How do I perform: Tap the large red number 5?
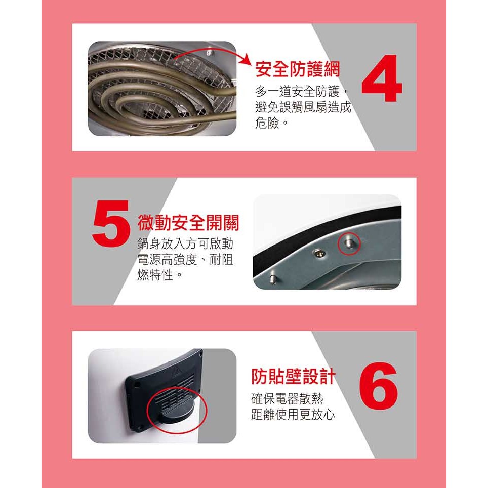click(111, 223)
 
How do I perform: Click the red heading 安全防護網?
click(298, 69)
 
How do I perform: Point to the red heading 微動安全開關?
click(188, 223)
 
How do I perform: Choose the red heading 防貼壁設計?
click(294, 376)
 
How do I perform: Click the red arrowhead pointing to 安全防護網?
click(246, 59)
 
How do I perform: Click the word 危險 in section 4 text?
click(267, 123)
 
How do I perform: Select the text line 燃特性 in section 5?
click(155, 275)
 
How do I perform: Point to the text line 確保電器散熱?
click(287, 399)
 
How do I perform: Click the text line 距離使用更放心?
click(293, 415)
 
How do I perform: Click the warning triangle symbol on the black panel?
click(176, 372)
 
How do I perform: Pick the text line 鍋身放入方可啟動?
click(185, 243)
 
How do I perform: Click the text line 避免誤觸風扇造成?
click(303, 107)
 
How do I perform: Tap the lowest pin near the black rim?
click(273, 278)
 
